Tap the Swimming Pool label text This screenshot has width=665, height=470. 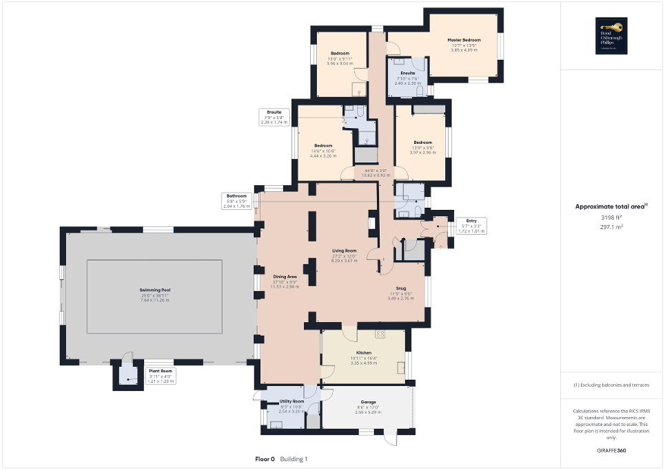[x=154, y=291]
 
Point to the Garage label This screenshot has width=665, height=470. [x=368, y=403]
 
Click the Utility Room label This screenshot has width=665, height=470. [x=291, y=401]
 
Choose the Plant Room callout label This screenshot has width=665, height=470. [x=160, y=371]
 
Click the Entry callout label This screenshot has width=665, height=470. [x=472, y=220]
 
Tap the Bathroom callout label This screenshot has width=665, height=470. [x=232, y=195]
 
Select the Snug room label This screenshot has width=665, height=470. [x=400, y=289]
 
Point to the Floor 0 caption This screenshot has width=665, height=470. [x=265, y=458]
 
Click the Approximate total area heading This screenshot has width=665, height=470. [x=611, y=206]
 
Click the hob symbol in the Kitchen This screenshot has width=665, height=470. [x=379, y=334]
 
